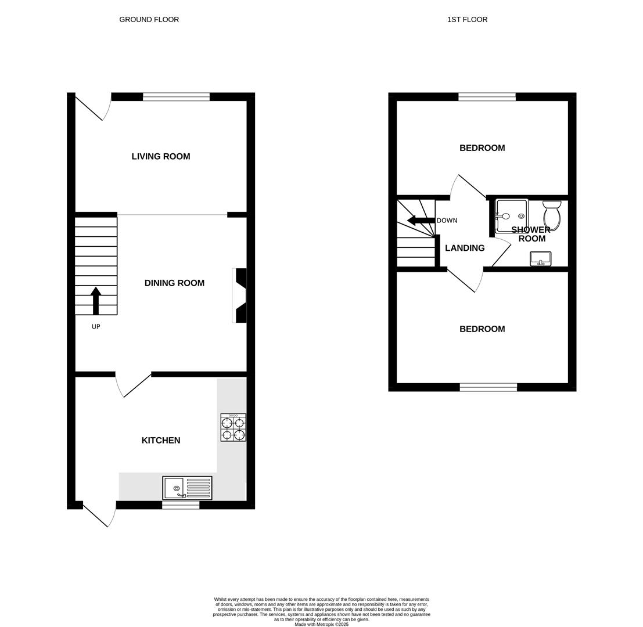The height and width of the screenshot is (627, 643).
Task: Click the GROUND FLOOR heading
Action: [x=149, y=20]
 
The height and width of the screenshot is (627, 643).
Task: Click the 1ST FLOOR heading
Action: [x=467, y=20]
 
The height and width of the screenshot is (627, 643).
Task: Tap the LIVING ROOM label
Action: [x=161, y=156]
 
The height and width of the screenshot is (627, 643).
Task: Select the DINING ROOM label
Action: [x=174, y=283]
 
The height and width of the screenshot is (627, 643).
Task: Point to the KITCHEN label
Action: [x=161, y=440]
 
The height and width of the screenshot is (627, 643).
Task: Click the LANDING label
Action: [x=465, y=248]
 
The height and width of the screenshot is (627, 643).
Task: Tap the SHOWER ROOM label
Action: [x=531, y=234]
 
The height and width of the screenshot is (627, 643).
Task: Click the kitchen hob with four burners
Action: [x=233, y=427]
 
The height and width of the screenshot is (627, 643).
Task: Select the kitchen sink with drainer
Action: [x=187, y=488]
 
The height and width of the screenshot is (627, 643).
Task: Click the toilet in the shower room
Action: [x=552, y=215]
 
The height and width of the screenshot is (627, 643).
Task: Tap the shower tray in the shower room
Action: [x=512, y=215]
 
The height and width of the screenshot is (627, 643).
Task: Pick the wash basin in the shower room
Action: [x=540, y=258]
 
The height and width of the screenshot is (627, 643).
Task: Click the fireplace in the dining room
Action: [x=240, y=295]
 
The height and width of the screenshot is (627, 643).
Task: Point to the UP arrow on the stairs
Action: [x=96, y=300]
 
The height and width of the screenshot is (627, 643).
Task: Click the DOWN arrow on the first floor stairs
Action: [x=421, y=220]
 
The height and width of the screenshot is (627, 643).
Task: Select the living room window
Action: [x=176, y=96]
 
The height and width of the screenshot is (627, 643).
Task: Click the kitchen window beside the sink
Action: [x=180, y=505]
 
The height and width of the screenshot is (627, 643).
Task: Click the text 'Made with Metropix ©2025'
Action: [x=321, y=624]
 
